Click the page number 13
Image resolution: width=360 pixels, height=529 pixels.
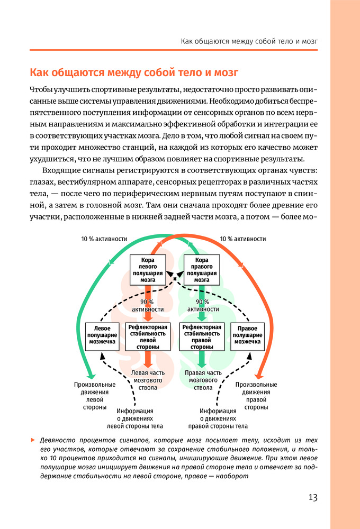[313, 497]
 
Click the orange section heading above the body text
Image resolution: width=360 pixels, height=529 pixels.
[134, 72]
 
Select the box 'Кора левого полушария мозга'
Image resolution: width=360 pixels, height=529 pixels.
[148, 270]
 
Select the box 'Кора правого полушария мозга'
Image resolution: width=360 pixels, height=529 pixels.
[201, 270]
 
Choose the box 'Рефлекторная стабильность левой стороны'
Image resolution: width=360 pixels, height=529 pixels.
[148, 337]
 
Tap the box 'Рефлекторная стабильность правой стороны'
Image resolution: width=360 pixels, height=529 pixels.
[201, 337]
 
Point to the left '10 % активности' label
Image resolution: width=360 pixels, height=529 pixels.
[104, 239]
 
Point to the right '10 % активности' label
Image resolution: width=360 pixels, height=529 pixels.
[242, 239]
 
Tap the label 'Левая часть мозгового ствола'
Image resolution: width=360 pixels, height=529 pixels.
[148, 380]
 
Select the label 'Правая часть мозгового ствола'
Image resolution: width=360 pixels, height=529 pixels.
[202, 380]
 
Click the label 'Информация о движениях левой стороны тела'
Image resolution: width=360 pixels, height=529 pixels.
[135, 418]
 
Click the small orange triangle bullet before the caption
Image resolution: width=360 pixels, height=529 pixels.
[33, 440]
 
